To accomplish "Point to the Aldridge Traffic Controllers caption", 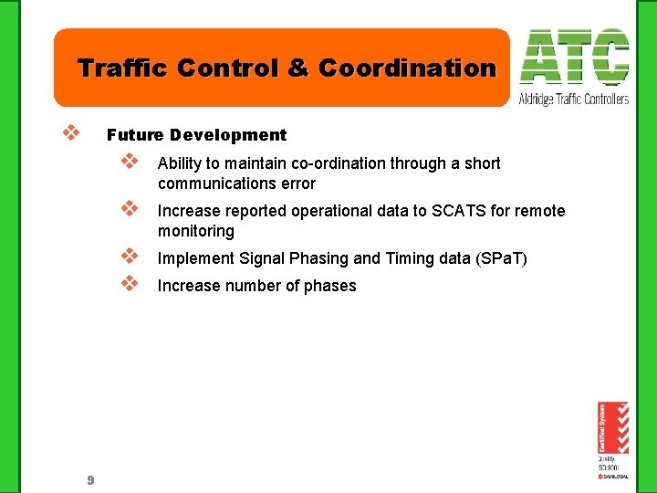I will click(x=574, y=99).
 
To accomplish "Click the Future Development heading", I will click(x=196, y=135).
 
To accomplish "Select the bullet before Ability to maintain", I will click(x=129, y=163).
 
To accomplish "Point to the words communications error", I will click(x=236, y=184).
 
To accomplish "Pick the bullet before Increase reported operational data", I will click(x=129, y=210).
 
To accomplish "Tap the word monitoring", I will click(x=195, y=231).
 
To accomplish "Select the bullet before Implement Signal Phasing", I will click(x=129, y=257).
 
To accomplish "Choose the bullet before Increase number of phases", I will click(x=129, y=284).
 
